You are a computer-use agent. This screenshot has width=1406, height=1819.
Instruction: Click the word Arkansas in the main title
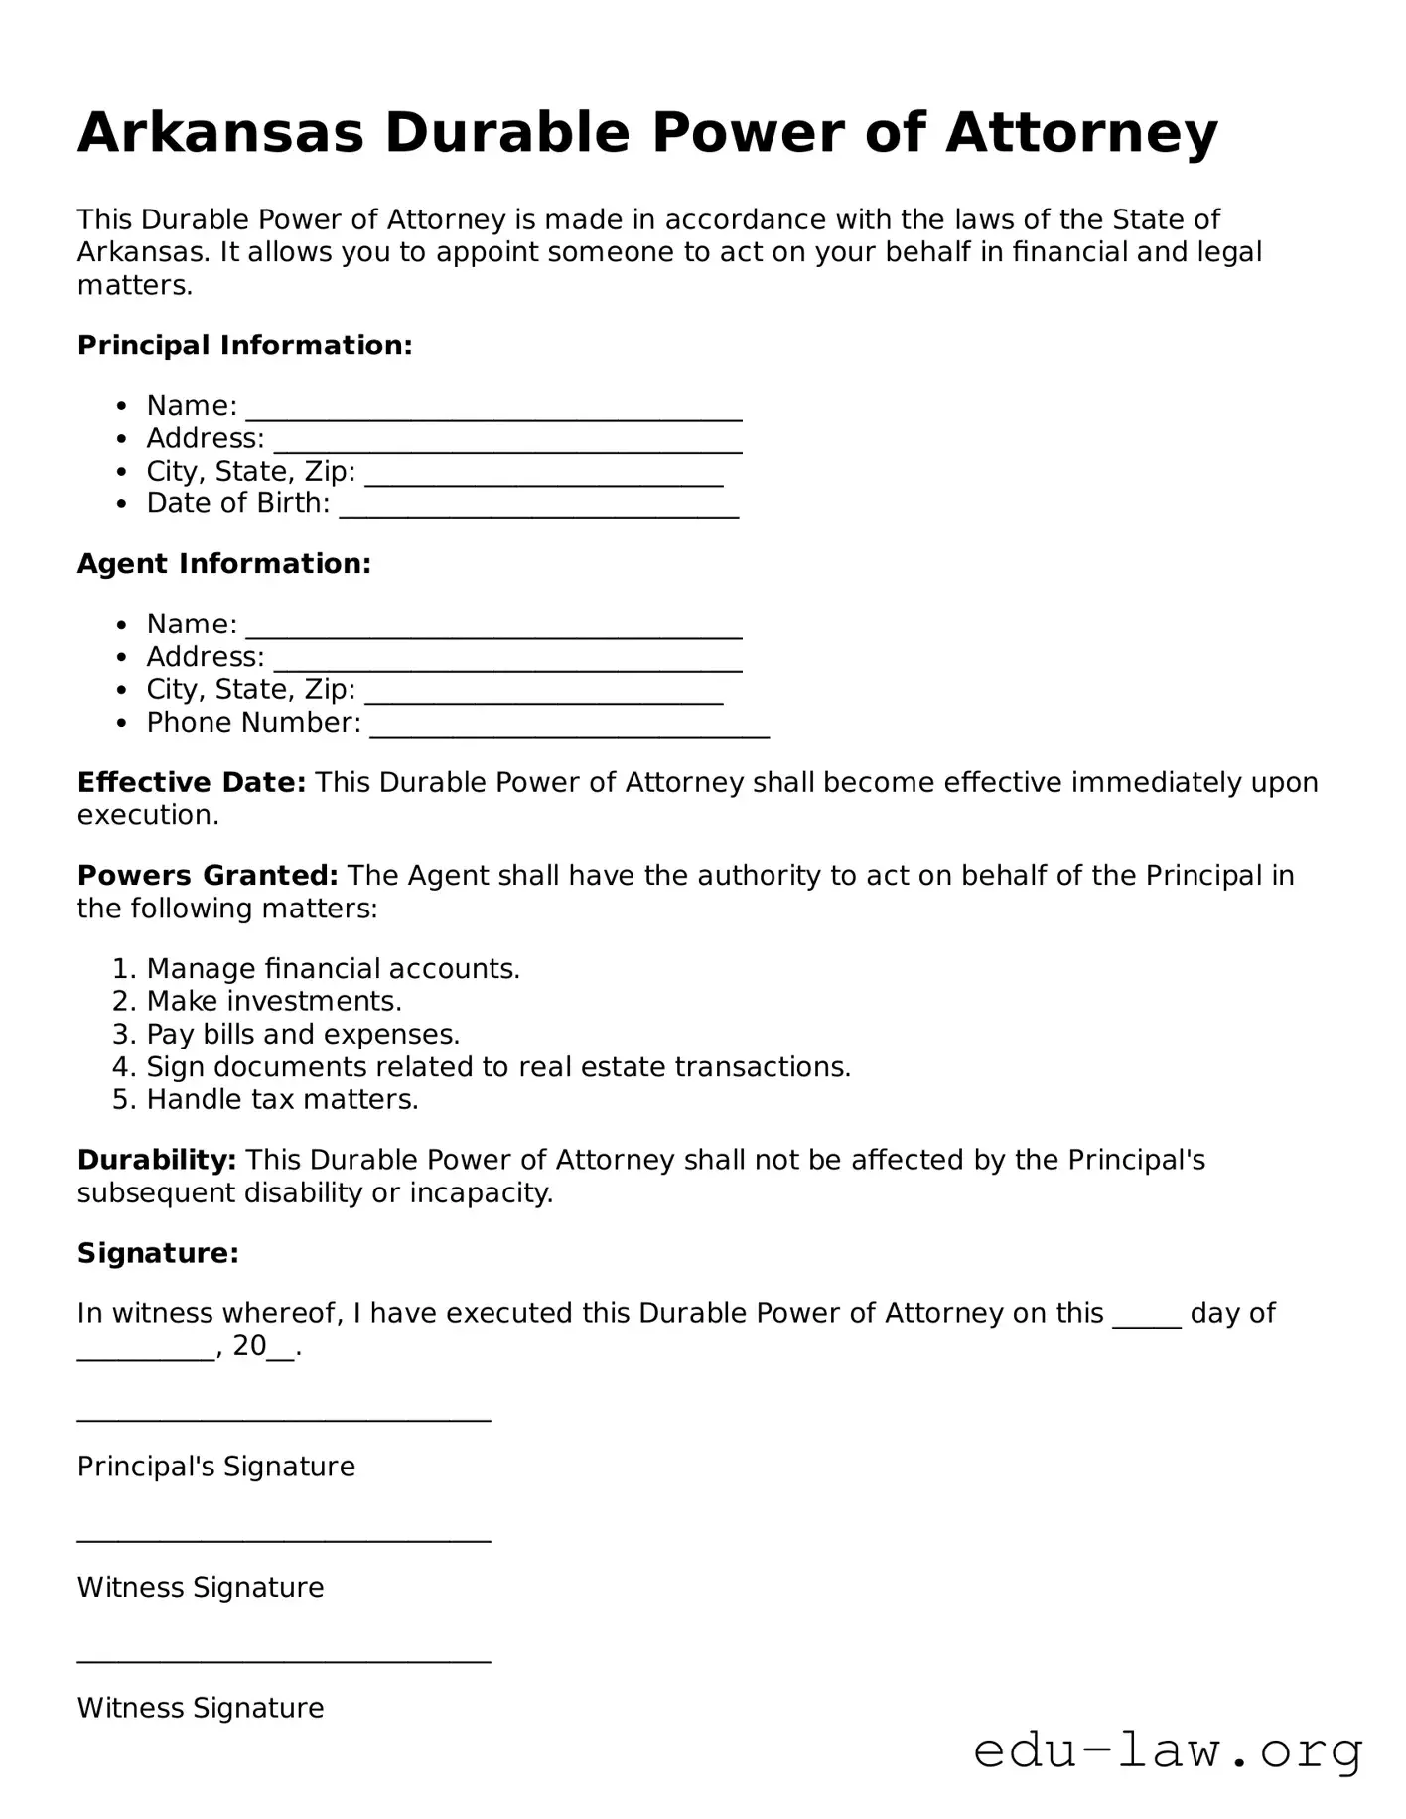point(220,132)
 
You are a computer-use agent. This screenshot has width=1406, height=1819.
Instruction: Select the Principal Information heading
point(244,346)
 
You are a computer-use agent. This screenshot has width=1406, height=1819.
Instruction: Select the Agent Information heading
point(224,564)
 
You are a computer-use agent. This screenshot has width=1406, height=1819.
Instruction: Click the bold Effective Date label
point(192,783)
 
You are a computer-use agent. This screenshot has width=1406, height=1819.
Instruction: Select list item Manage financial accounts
point(333,969)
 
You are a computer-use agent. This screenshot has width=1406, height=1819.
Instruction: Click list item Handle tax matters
point(282,1100)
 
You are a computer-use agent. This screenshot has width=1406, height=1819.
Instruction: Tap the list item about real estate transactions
point(498,1067)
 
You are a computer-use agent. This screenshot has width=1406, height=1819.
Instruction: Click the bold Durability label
point(157,1160)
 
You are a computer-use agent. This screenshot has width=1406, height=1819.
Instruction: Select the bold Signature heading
point(158,1253)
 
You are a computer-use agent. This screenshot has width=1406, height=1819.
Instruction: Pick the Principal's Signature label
point(216,1467)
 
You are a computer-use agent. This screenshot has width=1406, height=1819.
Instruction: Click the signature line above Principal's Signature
point(284,1418)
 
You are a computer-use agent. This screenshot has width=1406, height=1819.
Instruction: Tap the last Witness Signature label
point(201,1708)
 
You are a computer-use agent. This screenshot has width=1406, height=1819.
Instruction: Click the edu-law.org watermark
point(1168,1751)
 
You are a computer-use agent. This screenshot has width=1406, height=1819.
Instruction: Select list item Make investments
point(274,1001)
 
